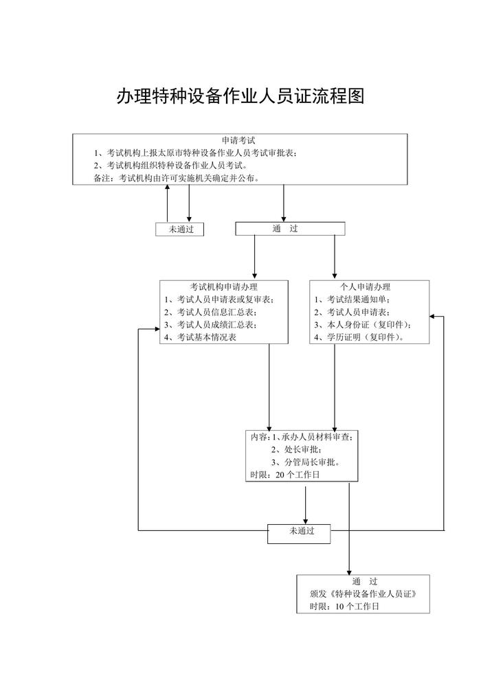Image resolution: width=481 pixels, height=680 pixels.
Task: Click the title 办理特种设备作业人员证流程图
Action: click(240, 96)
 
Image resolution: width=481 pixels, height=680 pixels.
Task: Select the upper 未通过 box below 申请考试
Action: click(179, 229)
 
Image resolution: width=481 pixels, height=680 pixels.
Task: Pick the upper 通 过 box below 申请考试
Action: click(289, 229)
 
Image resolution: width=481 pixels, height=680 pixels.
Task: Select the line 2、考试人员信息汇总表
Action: click(210, 312)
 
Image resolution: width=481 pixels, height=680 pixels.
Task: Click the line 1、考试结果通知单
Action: click(353, 299)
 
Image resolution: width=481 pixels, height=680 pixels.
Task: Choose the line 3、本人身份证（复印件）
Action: click(361, 324)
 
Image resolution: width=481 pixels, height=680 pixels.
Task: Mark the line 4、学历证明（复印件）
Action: click(359, 337)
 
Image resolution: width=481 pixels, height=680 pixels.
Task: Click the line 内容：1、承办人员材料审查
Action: click(302, 437)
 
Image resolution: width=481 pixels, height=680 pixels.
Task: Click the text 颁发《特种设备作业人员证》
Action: click(363, 593)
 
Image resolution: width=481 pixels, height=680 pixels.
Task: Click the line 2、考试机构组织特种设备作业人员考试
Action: click(170, 166)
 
